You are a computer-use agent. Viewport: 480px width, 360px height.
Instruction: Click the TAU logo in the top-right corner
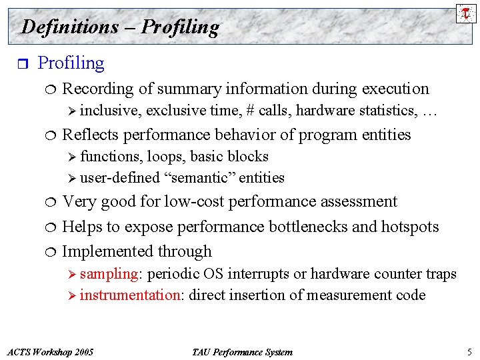pyautogui.click(x=466, y=13)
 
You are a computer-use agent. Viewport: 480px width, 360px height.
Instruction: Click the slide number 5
pyautogui.click(x=469, y=352)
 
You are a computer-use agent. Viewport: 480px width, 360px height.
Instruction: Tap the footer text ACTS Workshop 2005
pyautogui.click(x=49, y=352)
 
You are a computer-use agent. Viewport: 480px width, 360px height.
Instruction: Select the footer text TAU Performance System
pyautogui.click(x=241, y=352)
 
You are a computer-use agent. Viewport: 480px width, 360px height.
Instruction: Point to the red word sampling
pyautogui.click(x=109, y=274)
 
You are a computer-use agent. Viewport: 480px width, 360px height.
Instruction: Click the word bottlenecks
pyautogui.click(x=309, y=227)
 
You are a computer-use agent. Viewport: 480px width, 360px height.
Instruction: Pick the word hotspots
pyautogui.click(x=410, y=227)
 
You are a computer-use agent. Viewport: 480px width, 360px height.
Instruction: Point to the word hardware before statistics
pyautogui.click(x=326, y=111)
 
